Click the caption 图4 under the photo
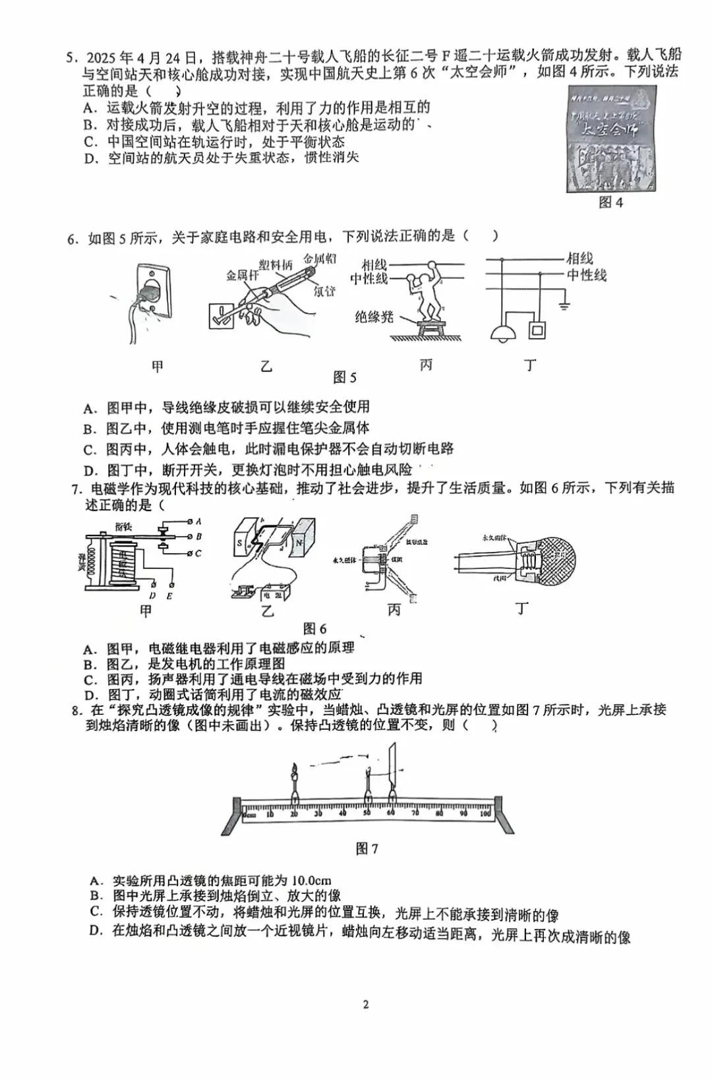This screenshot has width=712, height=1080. click(610, 202)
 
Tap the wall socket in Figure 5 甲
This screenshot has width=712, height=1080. click(153, 292)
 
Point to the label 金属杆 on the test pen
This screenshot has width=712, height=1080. click(242, 275)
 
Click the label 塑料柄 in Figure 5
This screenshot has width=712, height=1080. click(276, 264)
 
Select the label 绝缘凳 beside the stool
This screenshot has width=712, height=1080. click(374, 317)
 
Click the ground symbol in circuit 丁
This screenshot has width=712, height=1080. click(564, 305)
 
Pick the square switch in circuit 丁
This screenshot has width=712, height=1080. click(538, 328)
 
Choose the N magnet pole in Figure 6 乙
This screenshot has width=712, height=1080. click(299, 543)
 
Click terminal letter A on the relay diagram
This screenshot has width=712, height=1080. click(198, 522)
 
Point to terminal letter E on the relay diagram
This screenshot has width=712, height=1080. click(169, 596)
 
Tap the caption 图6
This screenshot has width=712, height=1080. click(314, 628)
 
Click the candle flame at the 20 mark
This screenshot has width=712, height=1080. click(293, 769)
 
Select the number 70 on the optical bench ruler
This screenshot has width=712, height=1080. click(415, 814)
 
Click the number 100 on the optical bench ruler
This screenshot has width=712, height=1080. click(485, 814)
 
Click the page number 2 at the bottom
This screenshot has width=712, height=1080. click(366, 1005)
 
